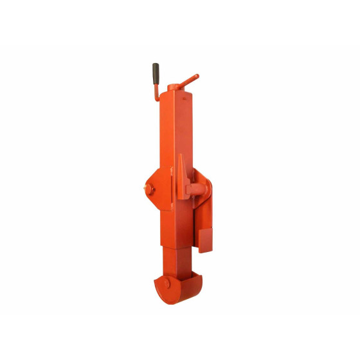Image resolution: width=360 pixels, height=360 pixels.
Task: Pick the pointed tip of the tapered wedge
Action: (181, 156)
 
